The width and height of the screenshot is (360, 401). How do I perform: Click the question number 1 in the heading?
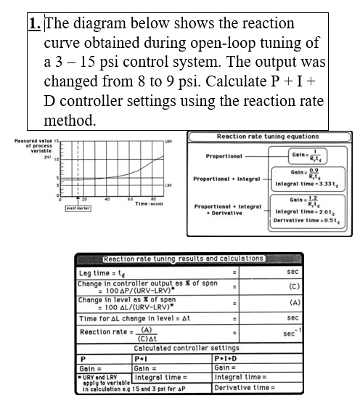[x=35, y=23]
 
